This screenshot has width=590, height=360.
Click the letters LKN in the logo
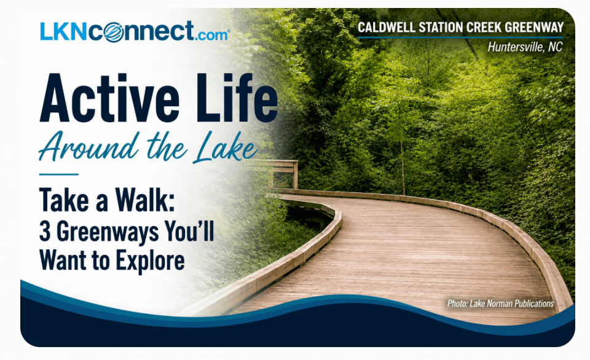[65, 31]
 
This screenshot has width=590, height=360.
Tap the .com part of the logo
[211, 35]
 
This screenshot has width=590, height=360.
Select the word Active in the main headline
[110, 98]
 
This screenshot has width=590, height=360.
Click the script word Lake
[226, 147]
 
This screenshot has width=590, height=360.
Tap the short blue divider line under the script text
[59, 174]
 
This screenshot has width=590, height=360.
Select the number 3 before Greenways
[45, 232]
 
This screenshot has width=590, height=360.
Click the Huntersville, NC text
[525, 47]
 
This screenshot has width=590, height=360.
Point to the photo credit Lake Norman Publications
[512, 303]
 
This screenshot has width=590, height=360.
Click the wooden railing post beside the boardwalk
[296, 174]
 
